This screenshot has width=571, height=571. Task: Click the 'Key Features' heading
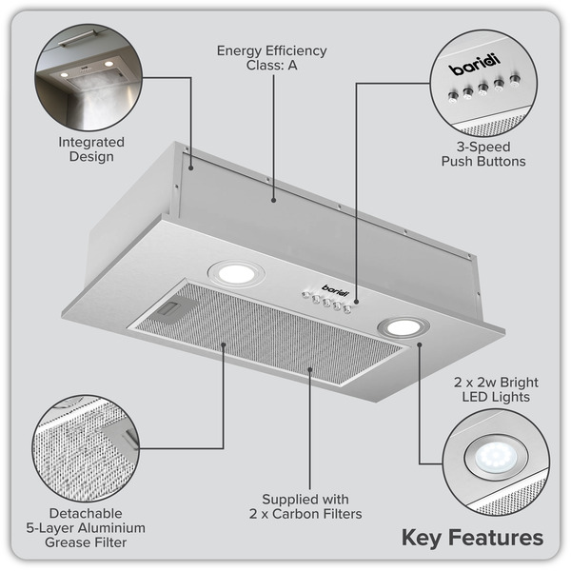(472, 538)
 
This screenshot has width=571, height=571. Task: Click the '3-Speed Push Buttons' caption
(482, 155)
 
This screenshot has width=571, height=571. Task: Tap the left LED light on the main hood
(236, 274)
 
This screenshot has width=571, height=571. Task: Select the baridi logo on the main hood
(334, 288)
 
